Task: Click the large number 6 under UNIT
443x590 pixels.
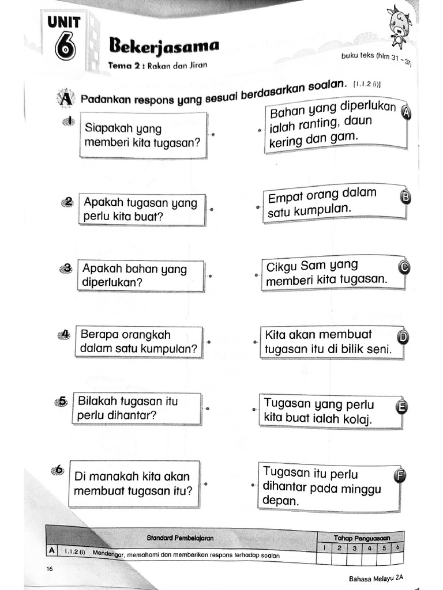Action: tap(65, 48)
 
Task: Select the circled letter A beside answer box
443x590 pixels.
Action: tap(407, 113)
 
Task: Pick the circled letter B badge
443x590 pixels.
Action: tap(405, 198)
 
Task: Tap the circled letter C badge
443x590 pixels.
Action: tap(404, 266)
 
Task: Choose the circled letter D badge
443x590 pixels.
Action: tap(403, 337)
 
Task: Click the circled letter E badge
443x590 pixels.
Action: tap(401, 407)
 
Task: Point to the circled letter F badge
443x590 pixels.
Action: tap(399, 475)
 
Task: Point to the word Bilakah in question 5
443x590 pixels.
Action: tap(99, 402)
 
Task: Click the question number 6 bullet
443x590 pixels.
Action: tap(58, 470)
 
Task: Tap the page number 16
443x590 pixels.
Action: tap(50, 569)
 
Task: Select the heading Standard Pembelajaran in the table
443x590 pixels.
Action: tap(180, 538)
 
